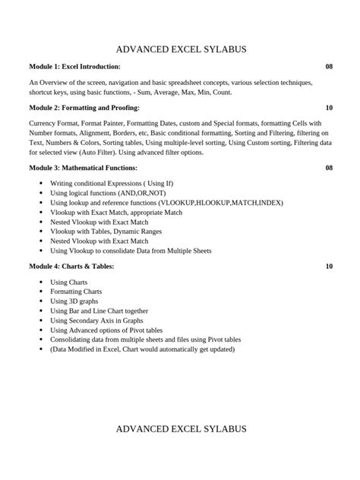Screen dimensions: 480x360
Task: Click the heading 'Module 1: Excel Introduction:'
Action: pos(74,67)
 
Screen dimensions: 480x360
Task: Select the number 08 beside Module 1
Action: pos(329,67)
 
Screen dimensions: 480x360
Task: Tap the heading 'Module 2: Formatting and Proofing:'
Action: pos(84,109)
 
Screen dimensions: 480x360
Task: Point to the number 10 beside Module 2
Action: pos(329,109)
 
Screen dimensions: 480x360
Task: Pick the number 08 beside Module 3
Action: pos(329,168)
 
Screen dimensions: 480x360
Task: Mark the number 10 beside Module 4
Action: pos(329,267)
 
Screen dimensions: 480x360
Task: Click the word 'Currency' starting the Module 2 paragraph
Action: pos(43,123)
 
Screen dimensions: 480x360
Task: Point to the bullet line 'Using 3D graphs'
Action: pos(74,302)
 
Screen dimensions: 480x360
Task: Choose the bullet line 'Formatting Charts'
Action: pos(76,292)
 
